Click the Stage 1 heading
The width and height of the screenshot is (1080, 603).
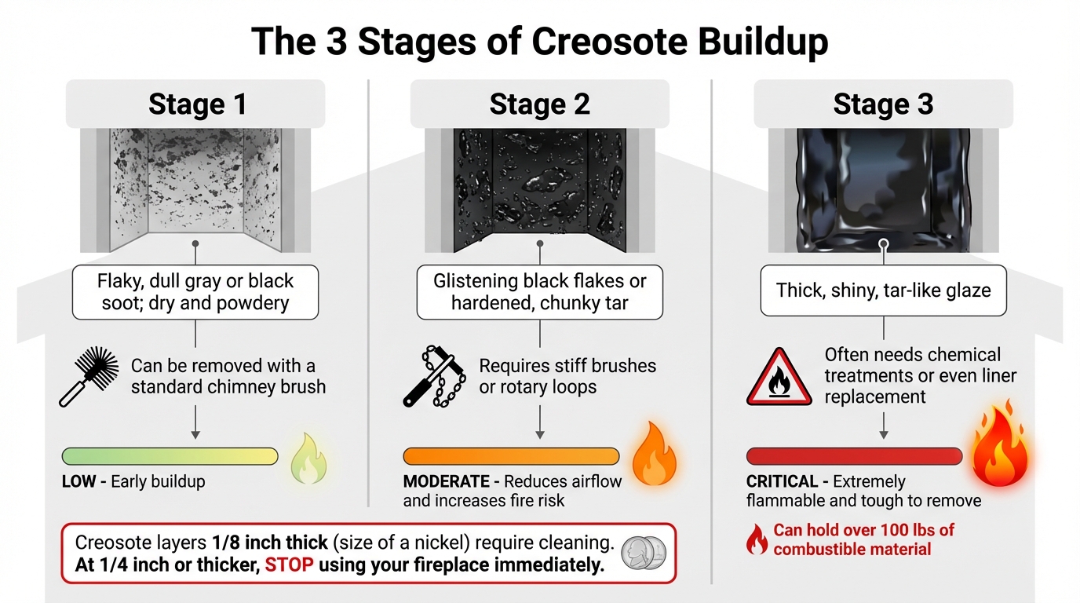click(197, 104)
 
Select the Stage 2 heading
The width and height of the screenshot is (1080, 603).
click(539, 104)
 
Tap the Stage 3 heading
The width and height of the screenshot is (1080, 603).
click(883, 104)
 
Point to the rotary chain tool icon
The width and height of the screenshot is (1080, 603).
click(434, 376)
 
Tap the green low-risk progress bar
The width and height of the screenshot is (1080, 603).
click(170, 456)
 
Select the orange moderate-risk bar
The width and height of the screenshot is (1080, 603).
click(511, 456)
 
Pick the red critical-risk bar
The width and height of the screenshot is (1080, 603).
click(854, 456)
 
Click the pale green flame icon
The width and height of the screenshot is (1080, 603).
click(308, 459)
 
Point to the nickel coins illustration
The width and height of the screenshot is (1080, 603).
click(643, 553)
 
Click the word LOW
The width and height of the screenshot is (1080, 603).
click(79, 481)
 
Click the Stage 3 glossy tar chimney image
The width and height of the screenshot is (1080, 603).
click(883, 190)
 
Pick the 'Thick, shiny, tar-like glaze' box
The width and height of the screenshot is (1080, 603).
click(883, 291)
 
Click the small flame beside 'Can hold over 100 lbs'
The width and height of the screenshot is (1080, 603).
click(757, 539)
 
